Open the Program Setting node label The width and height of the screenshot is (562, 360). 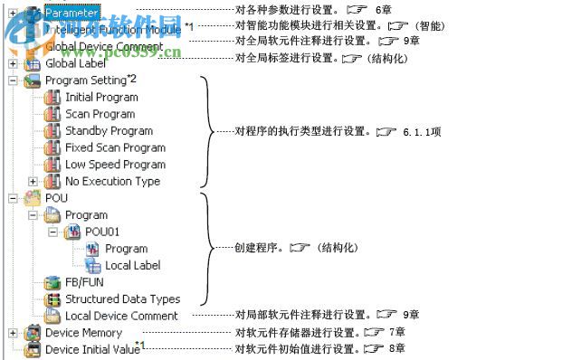pyautogui.click(x=86, y=81)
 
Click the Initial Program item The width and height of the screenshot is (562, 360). pyautogui.click(x=101, y=97)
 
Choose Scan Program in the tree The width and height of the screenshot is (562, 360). pyautogui.click(x=100, y=114)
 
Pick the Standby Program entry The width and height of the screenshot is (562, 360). pyautogui.click(x=109, y=130)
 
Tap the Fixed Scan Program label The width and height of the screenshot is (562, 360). pyautogui.click(x=115, y=147)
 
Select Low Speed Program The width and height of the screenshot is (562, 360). pyautogui.click(x=115, y=165)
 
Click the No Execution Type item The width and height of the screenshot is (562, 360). pyautogui.click(x=112, y=181)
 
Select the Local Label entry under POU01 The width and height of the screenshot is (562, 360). pyautogui.click(x=133, y=265)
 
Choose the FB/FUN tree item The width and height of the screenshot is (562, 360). pyautogui.click(x=83, y=282)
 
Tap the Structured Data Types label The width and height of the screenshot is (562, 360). pyautogui.click(x=122, y=298)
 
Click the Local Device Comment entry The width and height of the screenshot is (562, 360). pyautogui.click(x=121, y=316)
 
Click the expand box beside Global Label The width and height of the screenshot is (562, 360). pyautogui.click(x=12, y=64)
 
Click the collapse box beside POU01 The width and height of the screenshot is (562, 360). pyautogui.click(x=53, y=232)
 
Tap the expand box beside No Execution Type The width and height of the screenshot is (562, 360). pyautogui.click(x=33, y=181)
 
